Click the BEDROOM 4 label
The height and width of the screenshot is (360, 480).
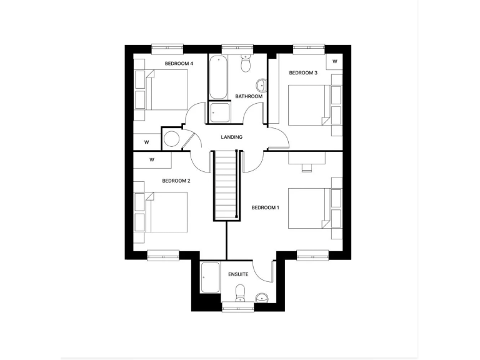(179, 64)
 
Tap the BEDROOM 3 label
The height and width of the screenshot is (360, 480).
(303, 73)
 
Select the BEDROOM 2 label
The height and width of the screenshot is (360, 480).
(176, 181)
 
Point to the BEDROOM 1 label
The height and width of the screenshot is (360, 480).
(266, 207)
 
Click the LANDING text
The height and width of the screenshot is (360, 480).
(231, 137)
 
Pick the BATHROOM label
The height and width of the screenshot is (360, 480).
(249, 96)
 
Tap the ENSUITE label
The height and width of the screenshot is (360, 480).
(239, 274)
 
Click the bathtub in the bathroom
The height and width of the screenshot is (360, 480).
(218, 77)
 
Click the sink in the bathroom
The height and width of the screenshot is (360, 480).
(261, 86)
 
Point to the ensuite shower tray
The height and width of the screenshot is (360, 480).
(211, 278)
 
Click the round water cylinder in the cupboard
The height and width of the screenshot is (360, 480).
(172, 139)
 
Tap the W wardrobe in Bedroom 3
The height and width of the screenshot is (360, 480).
(335, 61)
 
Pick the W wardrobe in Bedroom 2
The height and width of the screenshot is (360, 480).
(152, 160)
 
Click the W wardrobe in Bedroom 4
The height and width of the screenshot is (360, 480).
(146, 142)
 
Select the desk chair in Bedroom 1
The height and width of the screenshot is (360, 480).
(307, 166)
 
